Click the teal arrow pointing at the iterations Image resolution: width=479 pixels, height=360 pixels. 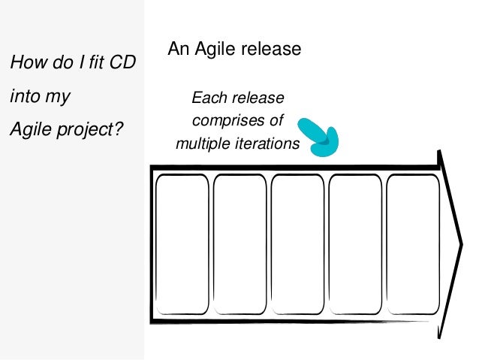(319, 135)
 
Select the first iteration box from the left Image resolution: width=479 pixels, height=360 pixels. (182, 244)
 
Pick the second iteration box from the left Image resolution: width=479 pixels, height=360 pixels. (239, 244)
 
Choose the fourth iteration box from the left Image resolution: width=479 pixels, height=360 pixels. (354, 244)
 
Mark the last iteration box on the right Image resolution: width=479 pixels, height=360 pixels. (412, 244)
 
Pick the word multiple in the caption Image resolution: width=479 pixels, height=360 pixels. (201, 143)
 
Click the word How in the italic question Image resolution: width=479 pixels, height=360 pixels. (24, 64)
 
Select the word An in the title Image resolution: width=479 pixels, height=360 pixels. (177, 50)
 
